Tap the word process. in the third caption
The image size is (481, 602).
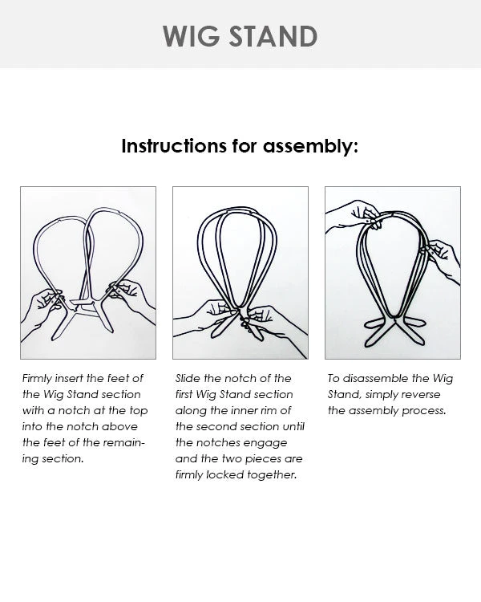[x=426, y=410]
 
